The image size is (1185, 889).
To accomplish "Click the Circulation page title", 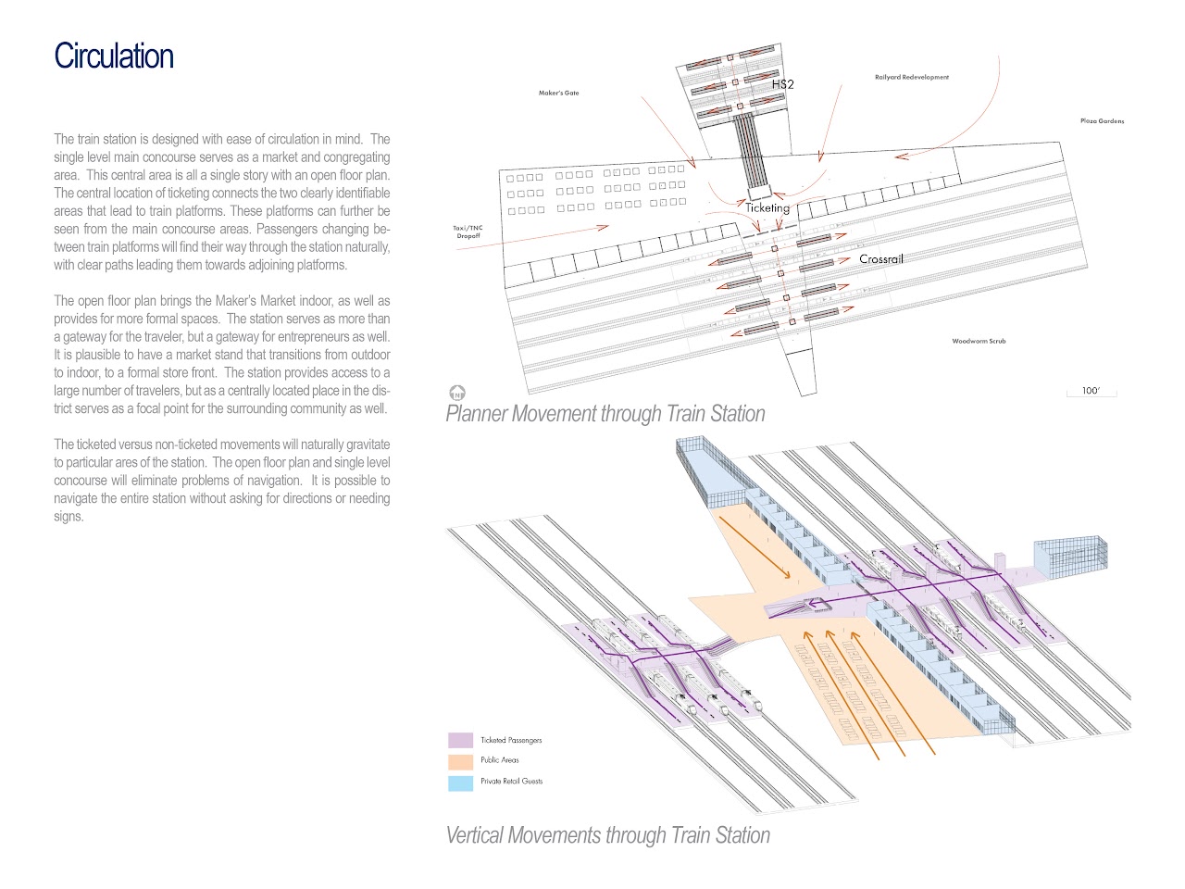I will click(x=114, y=56).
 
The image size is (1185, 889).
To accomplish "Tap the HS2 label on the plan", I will click(x=782, y=84).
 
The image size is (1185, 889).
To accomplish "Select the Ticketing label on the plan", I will click(x=767, y=207).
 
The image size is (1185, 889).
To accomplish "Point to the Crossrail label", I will click(x=880, y=259).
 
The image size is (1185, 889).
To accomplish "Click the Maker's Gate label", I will click(x=558, y=93).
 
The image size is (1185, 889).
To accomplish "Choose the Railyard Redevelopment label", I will click(x=911, y=77).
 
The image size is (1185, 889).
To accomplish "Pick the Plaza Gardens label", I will click(x=1102, y=120).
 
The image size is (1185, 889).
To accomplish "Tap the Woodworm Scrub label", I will click(x=979, y=341).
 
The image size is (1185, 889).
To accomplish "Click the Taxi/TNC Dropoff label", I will click(x=468, y=232).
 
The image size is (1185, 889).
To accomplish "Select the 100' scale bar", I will click(x=1091, y=392).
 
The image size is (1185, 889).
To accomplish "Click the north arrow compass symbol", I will click(x=456, y=393).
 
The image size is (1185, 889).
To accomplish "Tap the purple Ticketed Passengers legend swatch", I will click(x=460, y=740).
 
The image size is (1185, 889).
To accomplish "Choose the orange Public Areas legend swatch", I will click(x=460, y=761).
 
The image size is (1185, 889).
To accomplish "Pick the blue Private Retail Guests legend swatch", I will click(x=460, y=783).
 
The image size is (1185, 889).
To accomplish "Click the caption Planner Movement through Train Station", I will click(x=605, y=414).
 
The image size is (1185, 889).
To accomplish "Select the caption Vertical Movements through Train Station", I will click(x=607, y=835).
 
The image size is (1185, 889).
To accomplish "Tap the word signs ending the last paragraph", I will click(x=69, y=517).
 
